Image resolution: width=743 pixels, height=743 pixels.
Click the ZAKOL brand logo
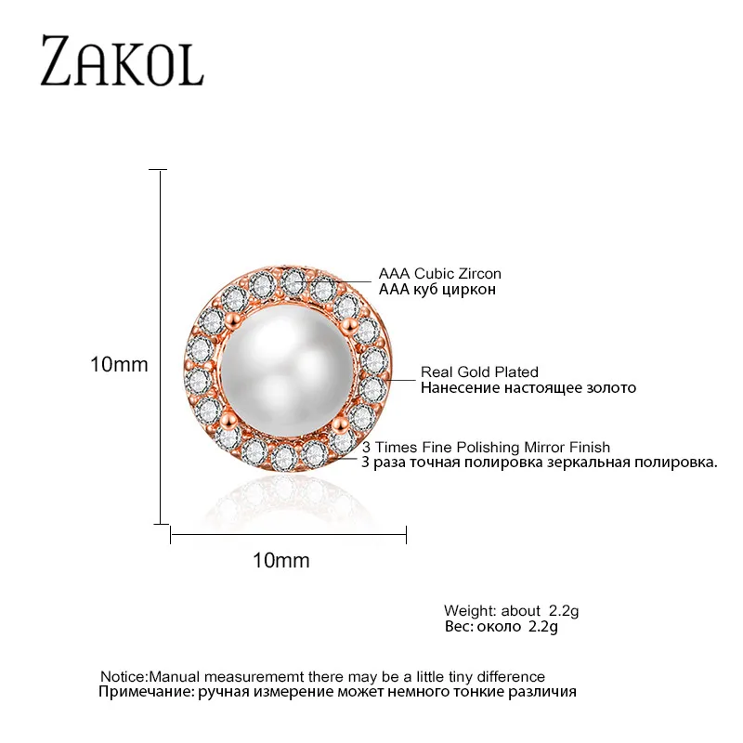tap(122, 62)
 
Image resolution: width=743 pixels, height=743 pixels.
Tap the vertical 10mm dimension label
tap(119, 365)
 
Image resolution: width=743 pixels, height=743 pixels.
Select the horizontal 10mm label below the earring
tap(280, 561)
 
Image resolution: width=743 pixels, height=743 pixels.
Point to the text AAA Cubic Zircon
tap(439, 274)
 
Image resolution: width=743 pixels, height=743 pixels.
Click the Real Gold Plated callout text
tap(479, 372)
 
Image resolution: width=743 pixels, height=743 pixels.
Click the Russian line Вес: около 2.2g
tap(502, 627)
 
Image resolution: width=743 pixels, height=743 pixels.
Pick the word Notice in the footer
tap(123, 676)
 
